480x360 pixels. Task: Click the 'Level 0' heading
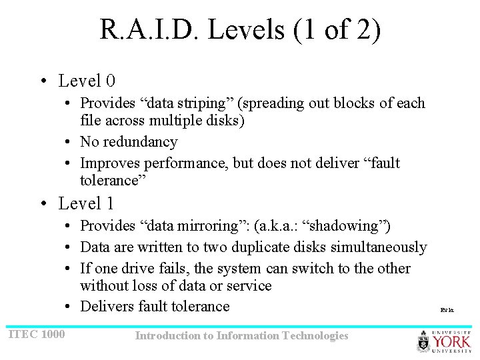pyautogui.click(x=87, y=81)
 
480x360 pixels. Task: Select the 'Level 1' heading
pyautogui.click(x=87, y=203)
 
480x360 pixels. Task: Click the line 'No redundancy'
pyautogui.click(x=129, y=142)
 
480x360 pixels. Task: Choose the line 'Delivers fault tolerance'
pyautogui.click(x=155, y=307)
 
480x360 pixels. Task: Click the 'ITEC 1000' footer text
pyautogui.click(x=37, y=333)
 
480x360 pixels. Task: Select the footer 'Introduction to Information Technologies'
pyautogui.click(x=241, y=336)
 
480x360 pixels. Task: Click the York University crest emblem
pyautogui.click(x=424, y=342)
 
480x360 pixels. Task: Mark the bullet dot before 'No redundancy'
pyautogui.click(x=69, y=142)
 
